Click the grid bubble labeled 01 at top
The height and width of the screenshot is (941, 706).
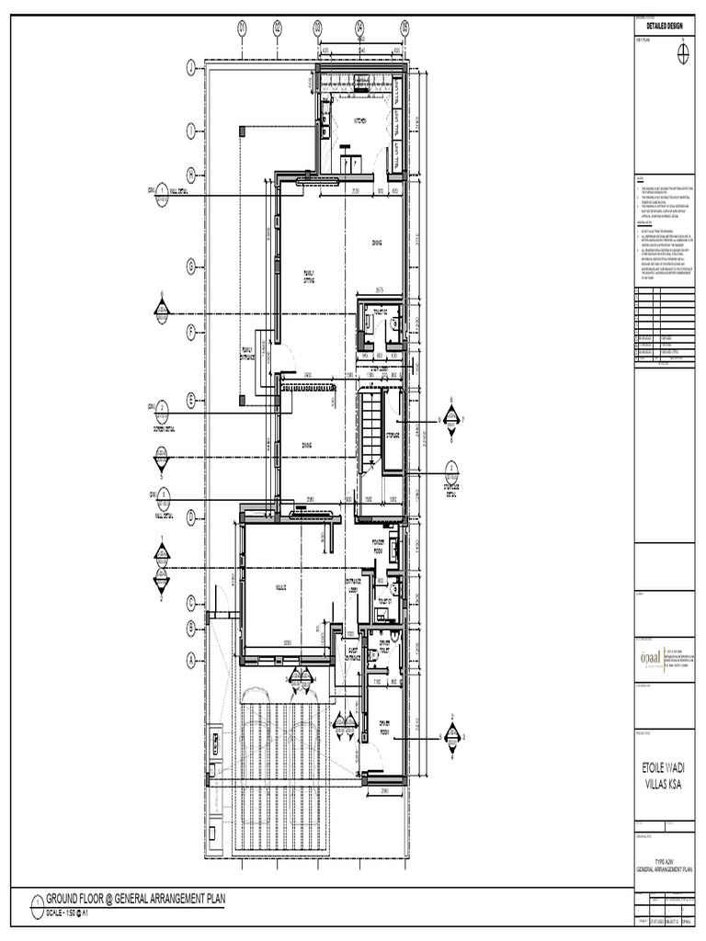243,28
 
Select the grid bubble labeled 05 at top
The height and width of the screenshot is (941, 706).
404,28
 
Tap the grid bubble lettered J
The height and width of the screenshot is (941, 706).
190,68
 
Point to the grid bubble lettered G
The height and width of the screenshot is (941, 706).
190,266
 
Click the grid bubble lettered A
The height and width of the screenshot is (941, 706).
190,657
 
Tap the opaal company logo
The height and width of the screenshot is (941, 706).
649,658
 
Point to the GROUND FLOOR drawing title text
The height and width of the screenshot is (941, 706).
134,899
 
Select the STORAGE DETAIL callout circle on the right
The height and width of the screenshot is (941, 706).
451,469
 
